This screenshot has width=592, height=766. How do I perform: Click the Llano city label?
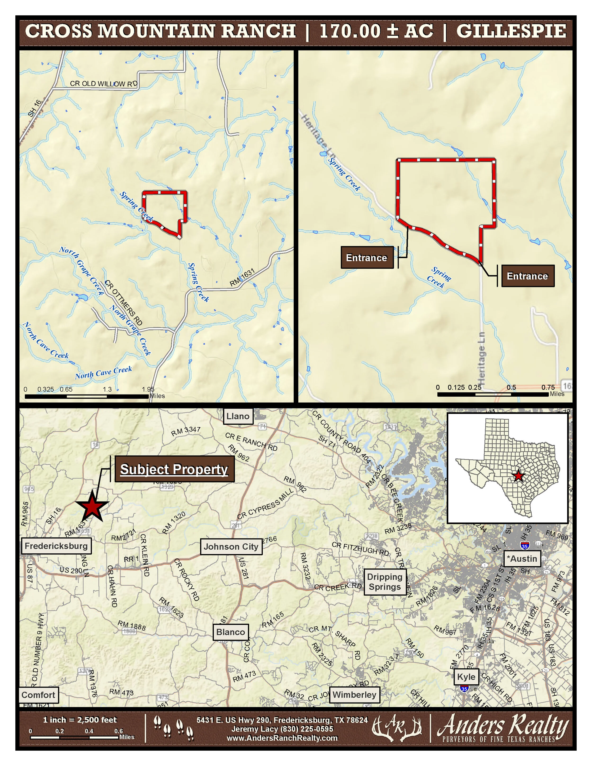coord(238,416)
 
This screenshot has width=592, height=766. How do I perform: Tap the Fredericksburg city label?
coord(56,546)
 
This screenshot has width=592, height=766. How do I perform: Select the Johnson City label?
coord(231,547)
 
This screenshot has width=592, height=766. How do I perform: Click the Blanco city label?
coord(230,632)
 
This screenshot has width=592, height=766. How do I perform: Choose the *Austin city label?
coord(522,559)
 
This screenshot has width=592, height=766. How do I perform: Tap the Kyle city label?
coord(466,677)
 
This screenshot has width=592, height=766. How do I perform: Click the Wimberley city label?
coord(354,694)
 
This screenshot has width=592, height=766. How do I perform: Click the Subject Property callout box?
coord(174,469)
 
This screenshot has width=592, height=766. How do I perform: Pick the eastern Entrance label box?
coord(527,276)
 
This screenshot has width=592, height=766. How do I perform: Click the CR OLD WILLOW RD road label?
coord(103,84)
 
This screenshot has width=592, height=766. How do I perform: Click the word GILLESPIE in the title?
coord(511,31)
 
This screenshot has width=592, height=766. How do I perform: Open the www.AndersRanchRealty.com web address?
coord(282,738)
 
